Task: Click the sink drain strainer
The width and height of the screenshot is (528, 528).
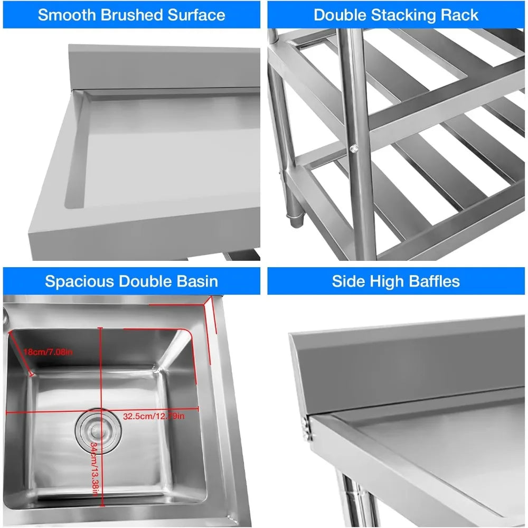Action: pyautogui.click(x=95, y=431)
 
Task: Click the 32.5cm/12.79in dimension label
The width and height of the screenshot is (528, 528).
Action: pyautogui.click(x=154, y=416)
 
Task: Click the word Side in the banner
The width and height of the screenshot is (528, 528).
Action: pyautogui.click(x=346, y=280)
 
